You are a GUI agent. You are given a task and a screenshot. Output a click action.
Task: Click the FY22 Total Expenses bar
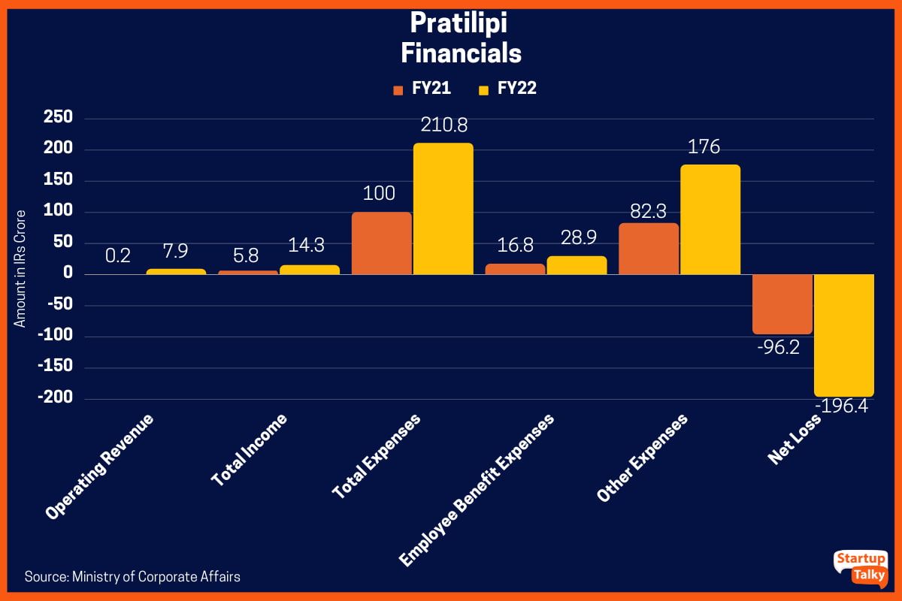(443, 209)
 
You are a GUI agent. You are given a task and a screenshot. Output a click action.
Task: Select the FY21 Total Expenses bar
(382, 243)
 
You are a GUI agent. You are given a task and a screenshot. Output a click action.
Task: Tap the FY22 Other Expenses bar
(710, 219)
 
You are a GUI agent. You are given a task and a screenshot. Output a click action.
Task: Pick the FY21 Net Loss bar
(782, 304)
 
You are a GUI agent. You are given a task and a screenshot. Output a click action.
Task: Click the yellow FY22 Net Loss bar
(844, 335)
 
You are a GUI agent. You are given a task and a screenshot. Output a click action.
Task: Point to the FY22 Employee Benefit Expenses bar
(577, 265)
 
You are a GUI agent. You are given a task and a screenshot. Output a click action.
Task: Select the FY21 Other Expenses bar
(649, 249)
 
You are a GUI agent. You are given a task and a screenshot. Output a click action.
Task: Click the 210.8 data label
(443, 125)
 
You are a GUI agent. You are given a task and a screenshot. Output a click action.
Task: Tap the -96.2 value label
(782, 349)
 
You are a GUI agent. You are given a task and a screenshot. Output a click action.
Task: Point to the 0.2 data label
(118, 255)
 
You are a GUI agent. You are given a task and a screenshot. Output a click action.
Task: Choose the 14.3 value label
(310, 246)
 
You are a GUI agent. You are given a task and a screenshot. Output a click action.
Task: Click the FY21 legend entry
(422, 89)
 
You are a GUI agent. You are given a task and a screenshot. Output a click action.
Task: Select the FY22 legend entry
(507, 89)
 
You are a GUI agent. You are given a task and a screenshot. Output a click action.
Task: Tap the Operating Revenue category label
(100, 467)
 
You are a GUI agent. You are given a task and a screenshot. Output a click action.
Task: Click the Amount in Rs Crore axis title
(21, 268)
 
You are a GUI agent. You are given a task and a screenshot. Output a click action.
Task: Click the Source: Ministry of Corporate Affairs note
(132, 577)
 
